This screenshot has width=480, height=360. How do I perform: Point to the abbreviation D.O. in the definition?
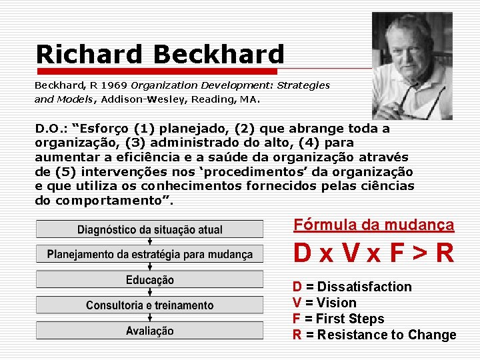point(51,128)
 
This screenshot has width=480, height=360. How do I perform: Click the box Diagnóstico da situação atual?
point(150,230)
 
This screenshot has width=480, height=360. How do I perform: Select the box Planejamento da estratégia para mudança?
point(150,255)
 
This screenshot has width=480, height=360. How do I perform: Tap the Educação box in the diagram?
point(150,280)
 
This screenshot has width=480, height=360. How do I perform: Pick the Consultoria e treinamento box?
point(150,305)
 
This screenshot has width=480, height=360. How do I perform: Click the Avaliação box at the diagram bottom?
point(150,331)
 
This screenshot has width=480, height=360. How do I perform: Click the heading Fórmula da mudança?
point(373,225)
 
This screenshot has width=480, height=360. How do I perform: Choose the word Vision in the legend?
point(337,303)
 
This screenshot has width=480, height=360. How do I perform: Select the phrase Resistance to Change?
point(387,335)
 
